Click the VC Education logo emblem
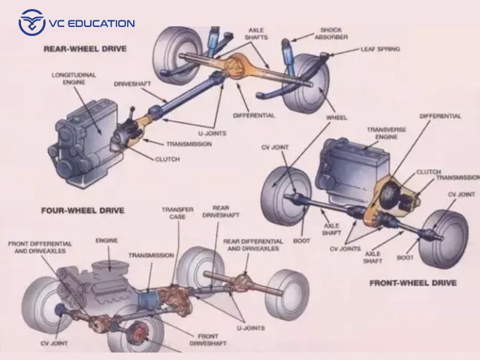(32, 23)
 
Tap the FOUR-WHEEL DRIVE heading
(82, 211)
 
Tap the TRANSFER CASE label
(178, 214)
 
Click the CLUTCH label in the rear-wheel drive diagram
(167, 159)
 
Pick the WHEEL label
(337, 117)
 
